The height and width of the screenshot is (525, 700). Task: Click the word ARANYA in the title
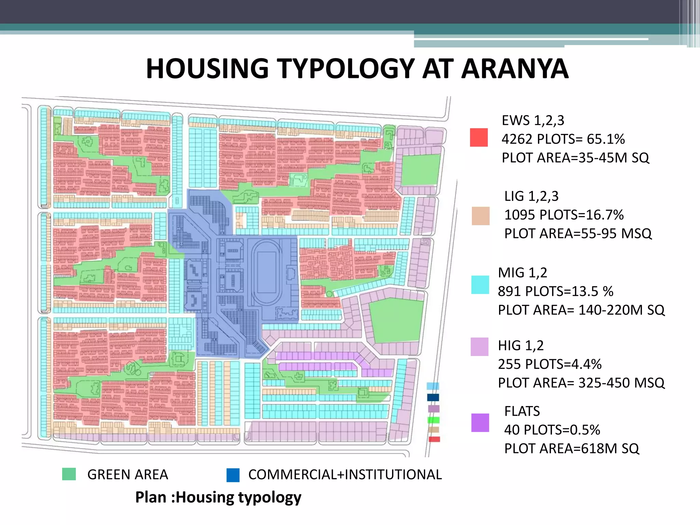point(515,69)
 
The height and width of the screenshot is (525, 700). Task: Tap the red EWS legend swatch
point(479,137)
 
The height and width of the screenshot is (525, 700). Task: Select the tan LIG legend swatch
point(480,216)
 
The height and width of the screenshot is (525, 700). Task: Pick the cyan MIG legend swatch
point(480,285)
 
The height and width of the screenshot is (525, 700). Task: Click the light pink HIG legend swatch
point(479,347)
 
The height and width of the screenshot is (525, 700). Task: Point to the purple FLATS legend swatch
point(480,423)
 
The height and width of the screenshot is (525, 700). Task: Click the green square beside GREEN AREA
point(69,474)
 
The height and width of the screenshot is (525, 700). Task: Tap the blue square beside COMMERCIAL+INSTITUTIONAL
point(233,475)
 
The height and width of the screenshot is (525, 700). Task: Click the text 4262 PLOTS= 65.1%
point(563,139)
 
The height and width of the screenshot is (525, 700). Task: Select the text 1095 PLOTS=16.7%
point(564,215)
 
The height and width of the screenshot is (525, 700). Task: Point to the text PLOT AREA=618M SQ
point(571,448)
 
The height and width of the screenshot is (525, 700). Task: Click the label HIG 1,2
point(521,346)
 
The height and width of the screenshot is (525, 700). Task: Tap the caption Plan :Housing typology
point(218,497)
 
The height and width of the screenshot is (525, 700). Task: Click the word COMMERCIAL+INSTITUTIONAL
point(345,475)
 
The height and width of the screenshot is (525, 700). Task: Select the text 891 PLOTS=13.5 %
point(555,291)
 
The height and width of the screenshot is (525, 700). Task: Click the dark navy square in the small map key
point(433,398)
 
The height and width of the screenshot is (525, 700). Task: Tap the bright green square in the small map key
point(433,420)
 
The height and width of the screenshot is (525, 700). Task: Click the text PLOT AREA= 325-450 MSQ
point(581,383)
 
